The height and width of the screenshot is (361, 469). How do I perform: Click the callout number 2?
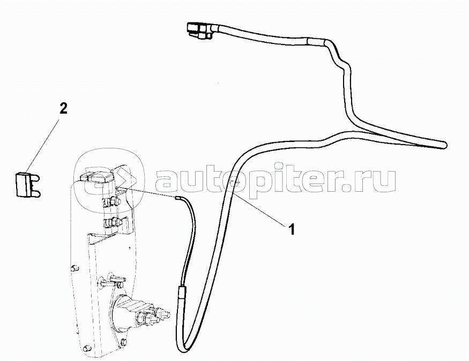click(x=63, y=109)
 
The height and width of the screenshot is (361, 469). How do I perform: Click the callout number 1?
click(x=292, y=230)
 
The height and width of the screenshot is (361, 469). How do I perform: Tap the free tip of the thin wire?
click(x=177, y=198)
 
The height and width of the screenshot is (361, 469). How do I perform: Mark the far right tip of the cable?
click(x=444, y=144)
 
